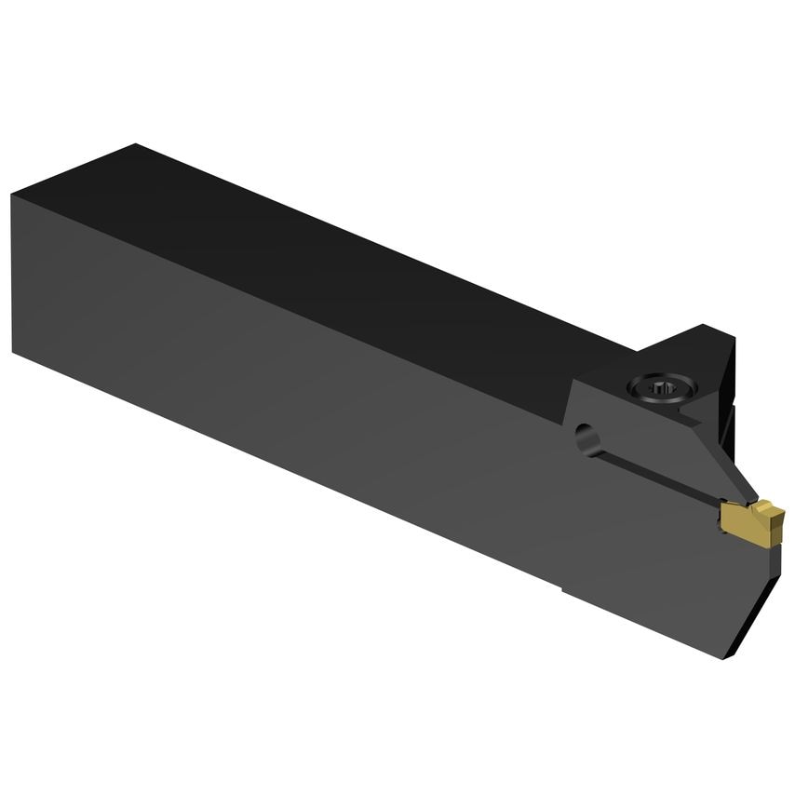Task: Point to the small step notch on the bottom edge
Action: click(562, 588)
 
